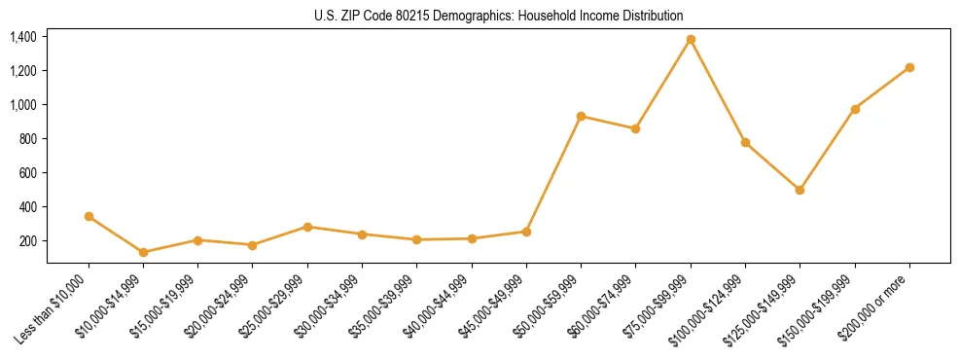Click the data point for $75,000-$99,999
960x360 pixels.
pos(691,40)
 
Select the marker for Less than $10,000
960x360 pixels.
pos(89,216)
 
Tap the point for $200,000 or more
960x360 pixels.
pos(909,67)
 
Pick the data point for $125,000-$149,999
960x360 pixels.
pos(800,190)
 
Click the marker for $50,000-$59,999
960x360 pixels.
pos(581,116)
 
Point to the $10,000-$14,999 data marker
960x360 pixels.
pos(144,252)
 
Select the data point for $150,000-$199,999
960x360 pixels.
pos(855,109)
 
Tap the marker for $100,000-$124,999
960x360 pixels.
pos(745,142)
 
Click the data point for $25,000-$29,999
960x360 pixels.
pos(307,227)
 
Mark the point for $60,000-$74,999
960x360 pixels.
pos(635,128)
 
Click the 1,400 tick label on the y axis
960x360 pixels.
pos(23,37)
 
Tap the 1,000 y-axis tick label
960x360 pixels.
pos(23,105)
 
